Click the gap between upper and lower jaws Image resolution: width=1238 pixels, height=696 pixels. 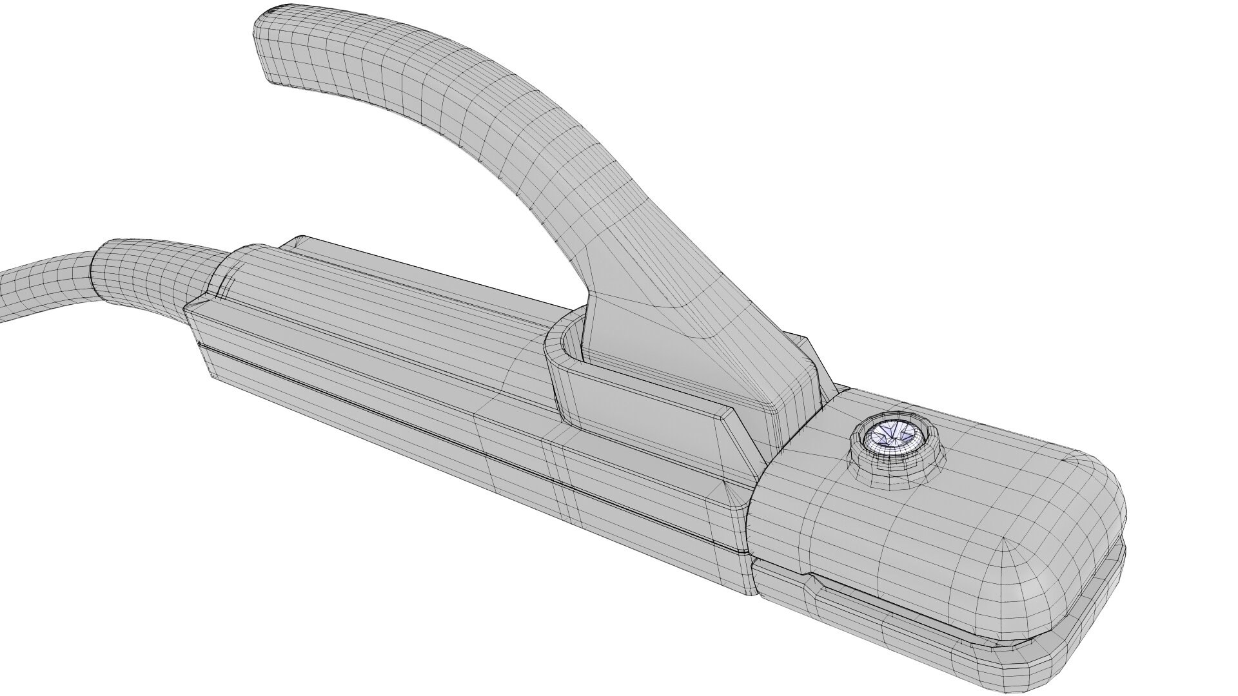[x=967, y=603]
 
